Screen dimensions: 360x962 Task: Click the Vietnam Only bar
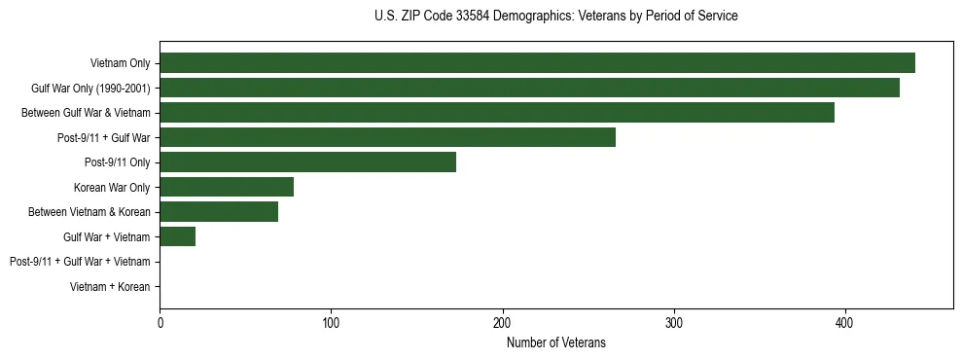(x=537, y=63)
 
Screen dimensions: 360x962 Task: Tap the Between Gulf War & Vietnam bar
(x=497, y=113)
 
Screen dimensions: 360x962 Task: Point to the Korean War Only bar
(x=227, y=187)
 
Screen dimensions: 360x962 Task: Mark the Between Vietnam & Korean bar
(x=219, y=212)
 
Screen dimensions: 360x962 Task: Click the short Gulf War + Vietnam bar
(x=177, y=236)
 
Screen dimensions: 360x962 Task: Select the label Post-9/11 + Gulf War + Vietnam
(x=80, y=262)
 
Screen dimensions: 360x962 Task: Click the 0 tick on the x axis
(x=160, y=323)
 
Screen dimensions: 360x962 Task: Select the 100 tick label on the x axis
(x=331, y=323)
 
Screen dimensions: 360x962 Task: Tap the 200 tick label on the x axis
(x=502, y=323)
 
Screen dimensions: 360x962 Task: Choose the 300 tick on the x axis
(x=674, y=323)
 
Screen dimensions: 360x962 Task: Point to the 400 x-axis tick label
(x=845, y=323)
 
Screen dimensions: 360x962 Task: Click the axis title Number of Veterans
(x=555, y=342)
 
